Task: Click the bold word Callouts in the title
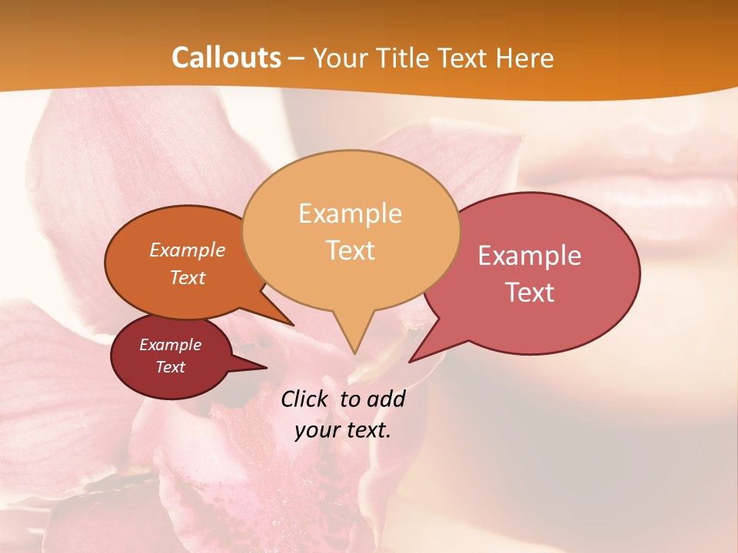click(x=226, y=58)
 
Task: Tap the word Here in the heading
click(x=525, y=58)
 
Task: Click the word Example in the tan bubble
click(x=350, y=213)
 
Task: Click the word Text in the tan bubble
click(x=350, y=250)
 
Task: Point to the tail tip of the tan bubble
click(x=354, y=353)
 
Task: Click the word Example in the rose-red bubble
click(x=530, y=255)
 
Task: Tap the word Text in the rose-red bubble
click(x=530, y=293)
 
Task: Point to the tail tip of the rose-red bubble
click(x=411, y=361)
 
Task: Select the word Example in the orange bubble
click(x=187, y=250)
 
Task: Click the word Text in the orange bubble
click(x=187, y=277)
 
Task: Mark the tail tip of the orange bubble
click(x=293, y=325)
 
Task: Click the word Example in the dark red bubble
click(x=170, y=345)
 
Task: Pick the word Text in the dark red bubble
click(x=170, y=367)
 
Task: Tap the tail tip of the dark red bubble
click(x=266, y=367)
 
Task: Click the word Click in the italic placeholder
click(x=306, y=399)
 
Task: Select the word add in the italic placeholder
click(x=385, y=399)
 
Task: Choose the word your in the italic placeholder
click(x=315, y=430)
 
